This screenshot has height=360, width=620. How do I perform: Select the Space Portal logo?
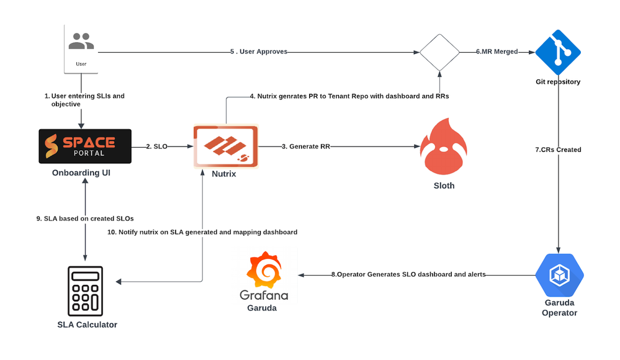(x=85, y=146)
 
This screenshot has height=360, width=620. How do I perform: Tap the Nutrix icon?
(x=224, y=146)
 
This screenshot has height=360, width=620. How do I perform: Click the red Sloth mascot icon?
(x=443, y=149)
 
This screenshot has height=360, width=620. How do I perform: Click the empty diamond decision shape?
(x=439, y=52)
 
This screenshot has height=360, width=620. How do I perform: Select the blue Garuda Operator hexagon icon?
(x=559, y=275)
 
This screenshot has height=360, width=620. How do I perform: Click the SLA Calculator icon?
(x=86, y=292)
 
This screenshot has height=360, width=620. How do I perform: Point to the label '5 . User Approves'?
(x=259, y=52)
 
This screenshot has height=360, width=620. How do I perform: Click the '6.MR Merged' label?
(x=496, y=52)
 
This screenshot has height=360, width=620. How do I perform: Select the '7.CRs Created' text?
(x=558, y=150)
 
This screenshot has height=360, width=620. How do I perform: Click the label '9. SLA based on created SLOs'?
(x=85, y=218)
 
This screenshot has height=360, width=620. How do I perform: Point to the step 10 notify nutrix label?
(x=202, y=232)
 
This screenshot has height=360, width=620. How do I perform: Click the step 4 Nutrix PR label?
(x=349, y=96)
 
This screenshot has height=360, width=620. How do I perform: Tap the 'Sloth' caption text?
(x=444, y=185)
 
